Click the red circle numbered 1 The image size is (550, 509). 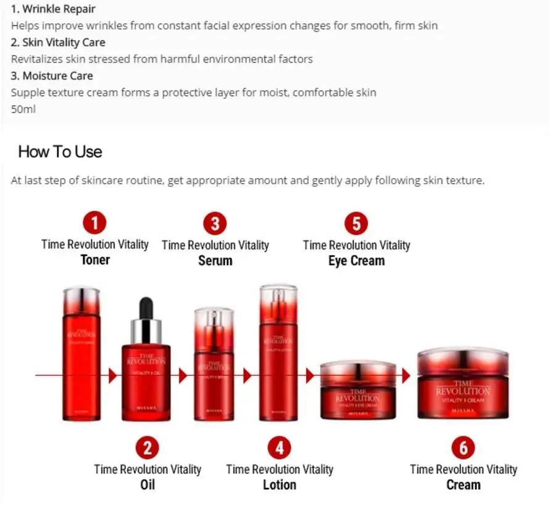pos(94,222)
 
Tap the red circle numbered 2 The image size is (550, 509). pos(147,447)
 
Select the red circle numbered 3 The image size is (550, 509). pos(215,222)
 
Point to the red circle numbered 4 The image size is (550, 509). pos(279,447)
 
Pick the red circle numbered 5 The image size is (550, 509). pos(356,222)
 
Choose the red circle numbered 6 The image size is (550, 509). pos(463,447)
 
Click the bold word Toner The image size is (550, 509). pos(95,259)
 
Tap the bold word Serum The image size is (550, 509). pos(215,260)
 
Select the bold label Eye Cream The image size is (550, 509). pos(356,260)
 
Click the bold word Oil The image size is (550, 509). pos(147,484)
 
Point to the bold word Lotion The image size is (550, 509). pos(279,484)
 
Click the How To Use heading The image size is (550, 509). pos(60,152)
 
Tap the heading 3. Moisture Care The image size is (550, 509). pos(52,76)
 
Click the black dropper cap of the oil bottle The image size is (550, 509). pos(146,308)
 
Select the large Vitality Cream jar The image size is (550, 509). pos(463,384)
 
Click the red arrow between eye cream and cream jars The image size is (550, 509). pos(406,376)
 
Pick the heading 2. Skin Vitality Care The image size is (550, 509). pos(58,43)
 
